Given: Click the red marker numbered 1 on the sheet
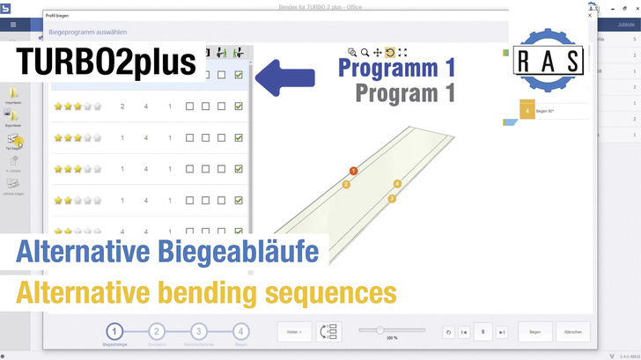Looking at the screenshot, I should tap(353, 171).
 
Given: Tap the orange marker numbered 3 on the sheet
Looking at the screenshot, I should tap(392, 198).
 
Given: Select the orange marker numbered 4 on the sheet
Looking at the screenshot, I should tap(397, 184).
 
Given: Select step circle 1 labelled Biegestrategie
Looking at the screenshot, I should tap(114, 331).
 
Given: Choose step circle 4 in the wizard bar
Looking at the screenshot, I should tap(240, 331).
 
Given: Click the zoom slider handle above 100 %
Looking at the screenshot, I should tap(380, 330).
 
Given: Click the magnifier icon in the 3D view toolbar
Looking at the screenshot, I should tap(365, 53).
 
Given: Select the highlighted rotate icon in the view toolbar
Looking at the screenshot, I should tap(389, 53).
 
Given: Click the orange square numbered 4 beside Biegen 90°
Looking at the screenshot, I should tap(527, 111).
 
